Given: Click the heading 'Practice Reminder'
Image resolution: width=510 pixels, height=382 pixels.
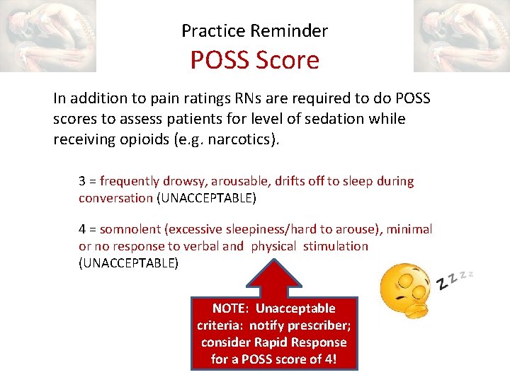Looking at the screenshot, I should [x=254, y=30].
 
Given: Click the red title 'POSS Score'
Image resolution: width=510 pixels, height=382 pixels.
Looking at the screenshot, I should [x=254, y=60].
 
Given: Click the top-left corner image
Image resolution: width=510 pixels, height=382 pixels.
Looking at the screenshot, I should [x=47, y=35].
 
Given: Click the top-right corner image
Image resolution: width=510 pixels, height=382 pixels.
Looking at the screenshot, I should [x=461, y=35].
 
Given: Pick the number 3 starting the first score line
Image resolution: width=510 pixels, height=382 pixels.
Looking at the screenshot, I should [x=82, y=181].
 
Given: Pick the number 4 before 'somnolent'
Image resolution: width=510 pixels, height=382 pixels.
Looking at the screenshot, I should [x=82, y=229].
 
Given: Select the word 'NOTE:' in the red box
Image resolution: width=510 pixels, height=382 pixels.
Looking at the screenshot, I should [x=231, y=308].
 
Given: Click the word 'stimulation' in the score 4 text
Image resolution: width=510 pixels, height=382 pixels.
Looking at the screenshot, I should [x=336, y=246].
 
